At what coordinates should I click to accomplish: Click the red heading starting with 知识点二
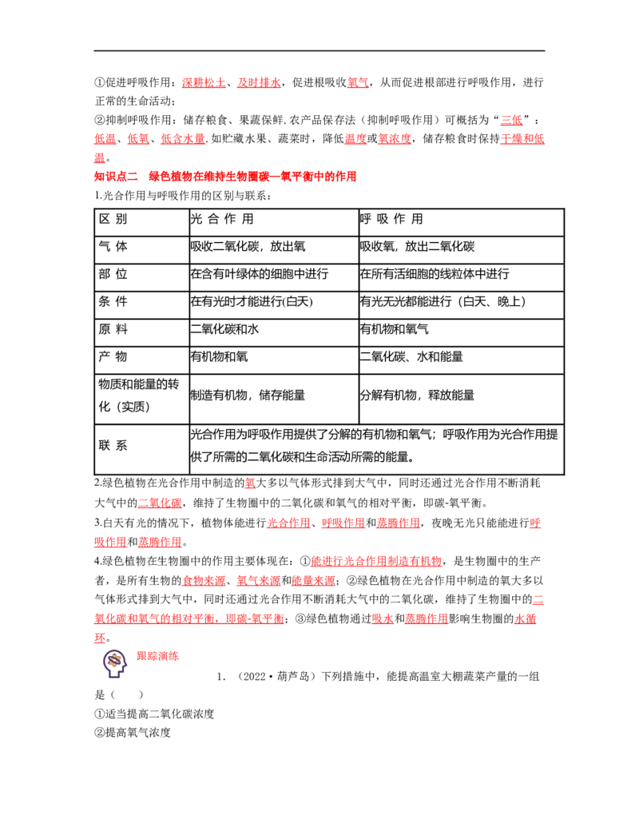point(225,176)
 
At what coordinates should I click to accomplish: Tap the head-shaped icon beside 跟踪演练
point(115,663)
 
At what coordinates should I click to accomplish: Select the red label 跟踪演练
point(157,656)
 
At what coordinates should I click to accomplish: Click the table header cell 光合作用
point(222,219)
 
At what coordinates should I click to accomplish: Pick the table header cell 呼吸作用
point(391,219)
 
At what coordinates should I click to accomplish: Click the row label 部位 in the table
point(113,274)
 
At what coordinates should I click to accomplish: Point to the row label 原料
point(113,329)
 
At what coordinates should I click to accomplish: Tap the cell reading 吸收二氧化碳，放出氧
point(248,246)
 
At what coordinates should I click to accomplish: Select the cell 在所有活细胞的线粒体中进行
point(435,274)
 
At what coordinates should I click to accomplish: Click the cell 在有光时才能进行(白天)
point(252,302)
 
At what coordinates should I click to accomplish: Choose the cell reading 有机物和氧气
point(394,329)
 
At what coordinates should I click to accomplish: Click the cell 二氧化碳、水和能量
point(411,356)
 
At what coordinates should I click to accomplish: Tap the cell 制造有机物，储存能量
point(248,395)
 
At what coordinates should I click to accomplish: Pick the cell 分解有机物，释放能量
point(417,395)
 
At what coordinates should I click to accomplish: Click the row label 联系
point(113,445)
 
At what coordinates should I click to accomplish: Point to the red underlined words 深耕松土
point(204,82)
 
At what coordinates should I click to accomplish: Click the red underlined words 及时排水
point(259,82)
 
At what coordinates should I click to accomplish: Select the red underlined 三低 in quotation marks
point(511,120)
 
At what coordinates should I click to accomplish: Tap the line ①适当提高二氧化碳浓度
point(154,714)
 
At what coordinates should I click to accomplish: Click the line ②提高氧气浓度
point(133,732)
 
